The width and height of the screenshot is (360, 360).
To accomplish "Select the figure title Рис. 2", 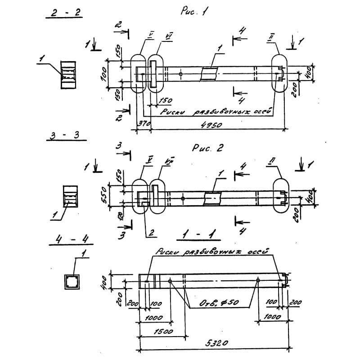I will coord(208,149).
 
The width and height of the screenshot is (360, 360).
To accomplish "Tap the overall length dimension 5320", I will coord(216,343).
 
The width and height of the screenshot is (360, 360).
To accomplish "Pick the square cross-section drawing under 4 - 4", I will coord(71,282).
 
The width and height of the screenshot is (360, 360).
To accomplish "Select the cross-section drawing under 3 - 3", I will coord(70,196).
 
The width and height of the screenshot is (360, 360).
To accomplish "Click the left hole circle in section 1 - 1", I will coord(170,281).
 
